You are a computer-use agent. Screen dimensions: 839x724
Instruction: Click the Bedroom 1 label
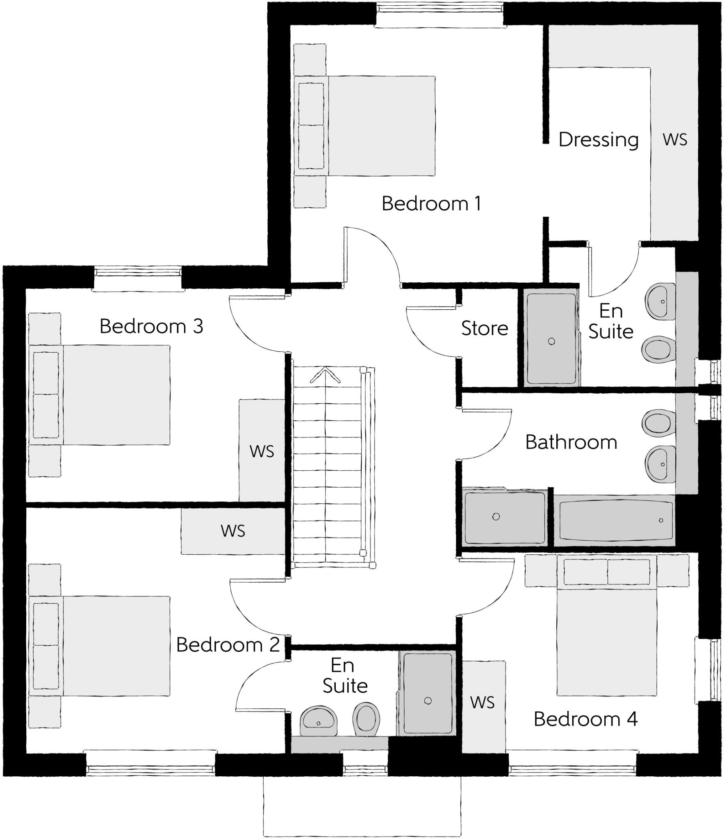431,204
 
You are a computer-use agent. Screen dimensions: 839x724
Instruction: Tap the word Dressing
598,140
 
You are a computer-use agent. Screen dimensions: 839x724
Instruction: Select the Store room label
484,329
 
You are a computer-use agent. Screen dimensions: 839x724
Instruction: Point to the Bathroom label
571,442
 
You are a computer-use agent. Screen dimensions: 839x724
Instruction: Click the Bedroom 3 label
151,327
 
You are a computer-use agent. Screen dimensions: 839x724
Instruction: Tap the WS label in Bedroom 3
262,451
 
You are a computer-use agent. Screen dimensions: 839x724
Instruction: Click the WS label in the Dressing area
674,140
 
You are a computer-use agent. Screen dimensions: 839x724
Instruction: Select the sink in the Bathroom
659,464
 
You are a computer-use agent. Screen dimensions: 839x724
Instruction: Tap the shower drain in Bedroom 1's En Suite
551,341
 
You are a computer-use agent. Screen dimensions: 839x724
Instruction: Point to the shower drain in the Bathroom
496,517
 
